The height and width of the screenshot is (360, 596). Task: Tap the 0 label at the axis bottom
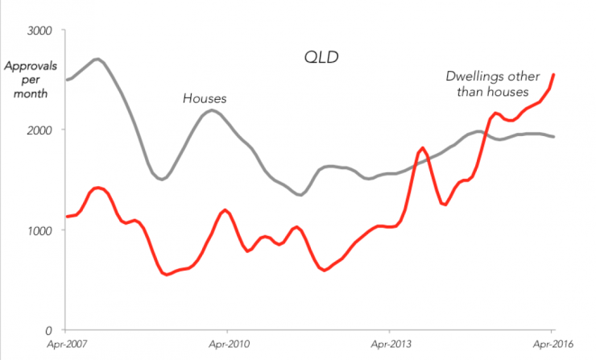point(49,330)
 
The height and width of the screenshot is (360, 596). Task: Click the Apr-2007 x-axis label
point(66,345)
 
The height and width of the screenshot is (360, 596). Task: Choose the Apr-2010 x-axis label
point(227,345)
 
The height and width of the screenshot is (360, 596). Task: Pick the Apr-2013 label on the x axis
point(389,345)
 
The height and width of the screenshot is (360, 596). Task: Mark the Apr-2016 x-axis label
point(551,345)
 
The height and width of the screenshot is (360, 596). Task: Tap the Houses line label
point(205,98)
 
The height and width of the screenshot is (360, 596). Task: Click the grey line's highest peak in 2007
point(97,59)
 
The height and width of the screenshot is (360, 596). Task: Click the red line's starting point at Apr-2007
point(67,217)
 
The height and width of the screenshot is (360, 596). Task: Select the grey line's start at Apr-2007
point(67,80)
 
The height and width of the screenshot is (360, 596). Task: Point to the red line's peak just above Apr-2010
point(226,209)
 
